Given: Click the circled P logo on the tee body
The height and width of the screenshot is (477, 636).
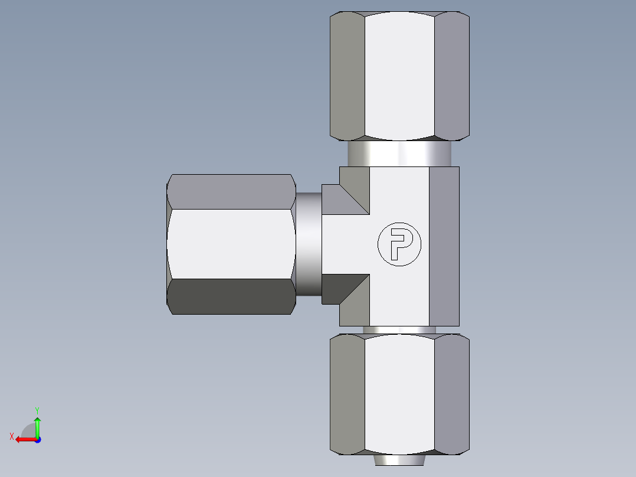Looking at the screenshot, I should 399,244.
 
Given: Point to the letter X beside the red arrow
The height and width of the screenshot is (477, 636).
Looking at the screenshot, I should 12,436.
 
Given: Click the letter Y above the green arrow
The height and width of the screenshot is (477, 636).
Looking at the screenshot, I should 37,410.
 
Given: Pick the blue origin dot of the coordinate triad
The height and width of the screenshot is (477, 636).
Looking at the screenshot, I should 37,439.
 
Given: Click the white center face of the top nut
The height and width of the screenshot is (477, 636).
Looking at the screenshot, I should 399,76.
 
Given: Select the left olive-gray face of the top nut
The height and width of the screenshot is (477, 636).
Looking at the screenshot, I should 347,76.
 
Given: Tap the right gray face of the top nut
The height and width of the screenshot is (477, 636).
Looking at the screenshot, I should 451,76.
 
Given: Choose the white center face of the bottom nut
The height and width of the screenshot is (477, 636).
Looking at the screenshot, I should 399,394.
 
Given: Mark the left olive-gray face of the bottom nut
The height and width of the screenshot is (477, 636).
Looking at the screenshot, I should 347,394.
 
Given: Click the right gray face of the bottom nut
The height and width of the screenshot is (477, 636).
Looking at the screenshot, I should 451,394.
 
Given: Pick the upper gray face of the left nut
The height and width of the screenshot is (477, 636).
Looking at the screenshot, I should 231,191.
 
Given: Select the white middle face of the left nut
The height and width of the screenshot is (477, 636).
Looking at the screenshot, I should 231,244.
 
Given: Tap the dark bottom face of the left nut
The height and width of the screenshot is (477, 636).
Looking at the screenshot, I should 231,296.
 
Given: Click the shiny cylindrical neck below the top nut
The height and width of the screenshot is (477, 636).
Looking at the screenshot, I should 399,154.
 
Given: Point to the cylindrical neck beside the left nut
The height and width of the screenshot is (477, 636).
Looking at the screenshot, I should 308,244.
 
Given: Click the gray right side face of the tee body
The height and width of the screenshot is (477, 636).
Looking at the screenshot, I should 444,246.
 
